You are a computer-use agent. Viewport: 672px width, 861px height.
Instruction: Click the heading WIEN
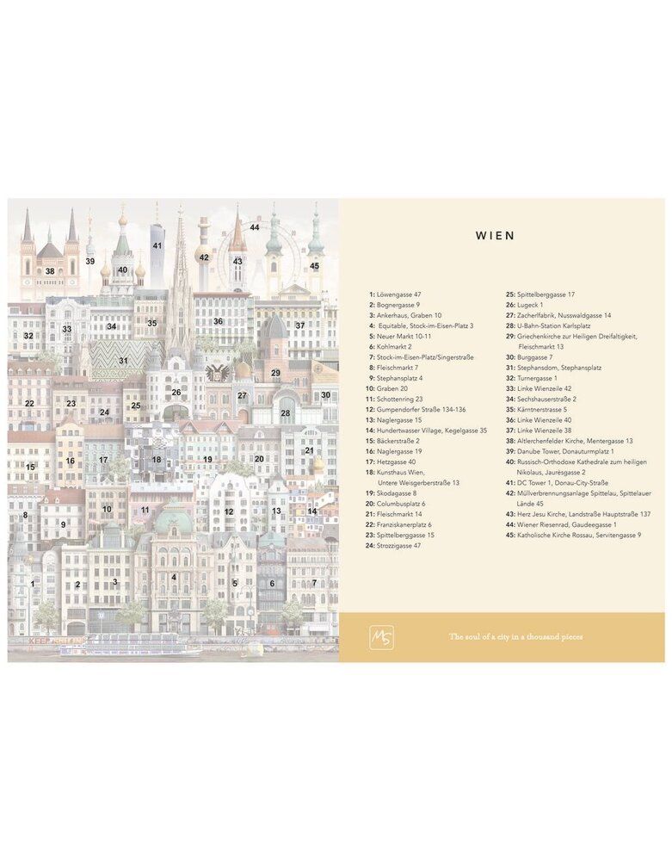click(495, 235)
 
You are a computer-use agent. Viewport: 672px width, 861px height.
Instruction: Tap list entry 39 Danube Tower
click(568, 450)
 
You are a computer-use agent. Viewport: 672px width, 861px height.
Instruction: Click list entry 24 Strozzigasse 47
click(392, 545)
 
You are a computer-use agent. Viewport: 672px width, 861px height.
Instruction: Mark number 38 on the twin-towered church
click(50, 271)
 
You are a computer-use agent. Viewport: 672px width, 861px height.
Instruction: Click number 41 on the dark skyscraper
click(157, 245)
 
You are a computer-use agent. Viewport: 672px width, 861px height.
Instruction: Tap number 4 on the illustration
click(174, 578)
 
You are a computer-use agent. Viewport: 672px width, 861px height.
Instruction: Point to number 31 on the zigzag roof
click(123, 361)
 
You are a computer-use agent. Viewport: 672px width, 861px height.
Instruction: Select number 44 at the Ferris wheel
click(255, 227)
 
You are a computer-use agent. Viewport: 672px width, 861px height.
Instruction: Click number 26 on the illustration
click(176, 392)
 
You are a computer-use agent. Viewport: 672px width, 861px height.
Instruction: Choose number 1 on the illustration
click(33, 583)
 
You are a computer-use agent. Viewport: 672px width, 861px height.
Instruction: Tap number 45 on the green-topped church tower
click(314, 266)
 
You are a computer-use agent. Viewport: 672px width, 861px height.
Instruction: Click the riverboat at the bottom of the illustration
click(129, 644)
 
